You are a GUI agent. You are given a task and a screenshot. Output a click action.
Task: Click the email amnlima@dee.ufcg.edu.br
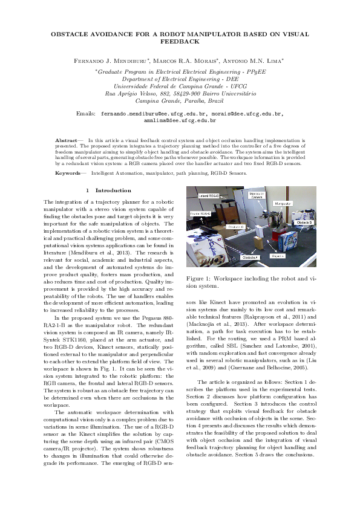pos(180,121)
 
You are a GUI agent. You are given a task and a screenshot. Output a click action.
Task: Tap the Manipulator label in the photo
pos(283,204)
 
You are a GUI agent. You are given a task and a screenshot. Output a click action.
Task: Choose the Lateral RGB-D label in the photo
pos(208,197)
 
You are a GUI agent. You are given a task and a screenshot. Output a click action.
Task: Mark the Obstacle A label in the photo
pos(250,257)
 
